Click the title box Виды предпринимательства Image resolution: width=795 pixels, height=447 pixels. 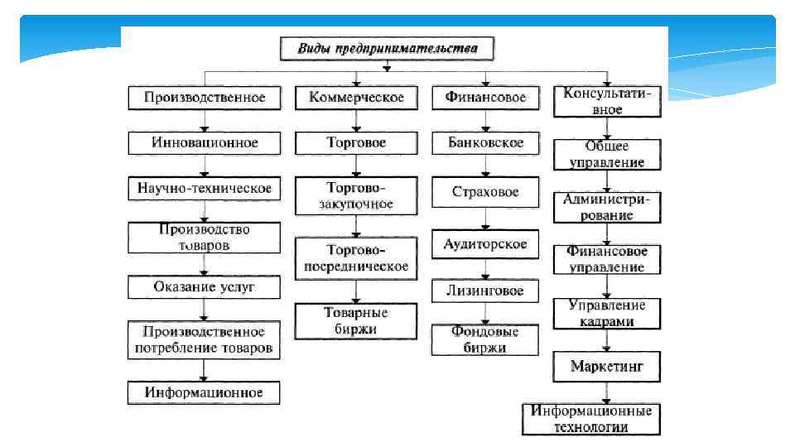point(387,48)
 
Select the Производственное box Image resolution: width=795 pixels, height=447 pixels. point(205,98)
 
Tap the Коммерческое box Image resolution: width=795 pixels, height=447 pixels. point(356,98)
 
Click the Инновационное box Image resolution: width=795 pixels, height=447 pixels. point(205,142)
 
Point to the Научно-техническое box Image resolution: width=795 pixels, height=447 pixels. point(205,189)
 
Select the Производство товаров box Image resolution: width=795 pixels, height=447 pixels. point(205,238)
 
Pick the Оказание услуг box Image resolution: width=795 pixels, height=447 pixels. point(205,287)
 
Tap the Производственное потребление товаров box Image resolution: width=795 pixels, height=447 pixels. point(205,340)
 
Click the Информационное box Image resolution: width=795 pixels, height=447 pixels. point(205,392)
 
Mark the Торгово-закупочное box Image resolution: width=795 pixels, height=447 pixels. point(356,195)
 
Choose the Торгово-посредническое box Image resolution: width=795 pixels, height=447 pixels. point(356,258)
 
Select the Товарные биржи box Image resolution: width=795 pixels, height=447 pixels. point(356,321)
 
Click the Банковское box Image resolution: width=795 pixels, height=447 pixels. point(485,142)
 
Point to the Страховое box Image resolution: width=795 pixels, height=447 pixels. point(485,192)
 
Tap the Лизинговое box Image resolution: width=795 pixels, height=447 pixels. point(485,291)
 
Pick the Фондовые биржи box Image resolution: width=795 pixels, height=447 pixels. point(485,340)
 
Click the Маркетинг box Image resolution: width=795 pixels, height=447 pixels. point(608,365)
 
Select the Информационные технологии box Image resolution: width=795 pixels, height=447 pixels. point(591,419)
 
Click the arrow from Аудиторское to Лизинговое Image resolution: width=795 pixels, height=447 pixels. point(485,269)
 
